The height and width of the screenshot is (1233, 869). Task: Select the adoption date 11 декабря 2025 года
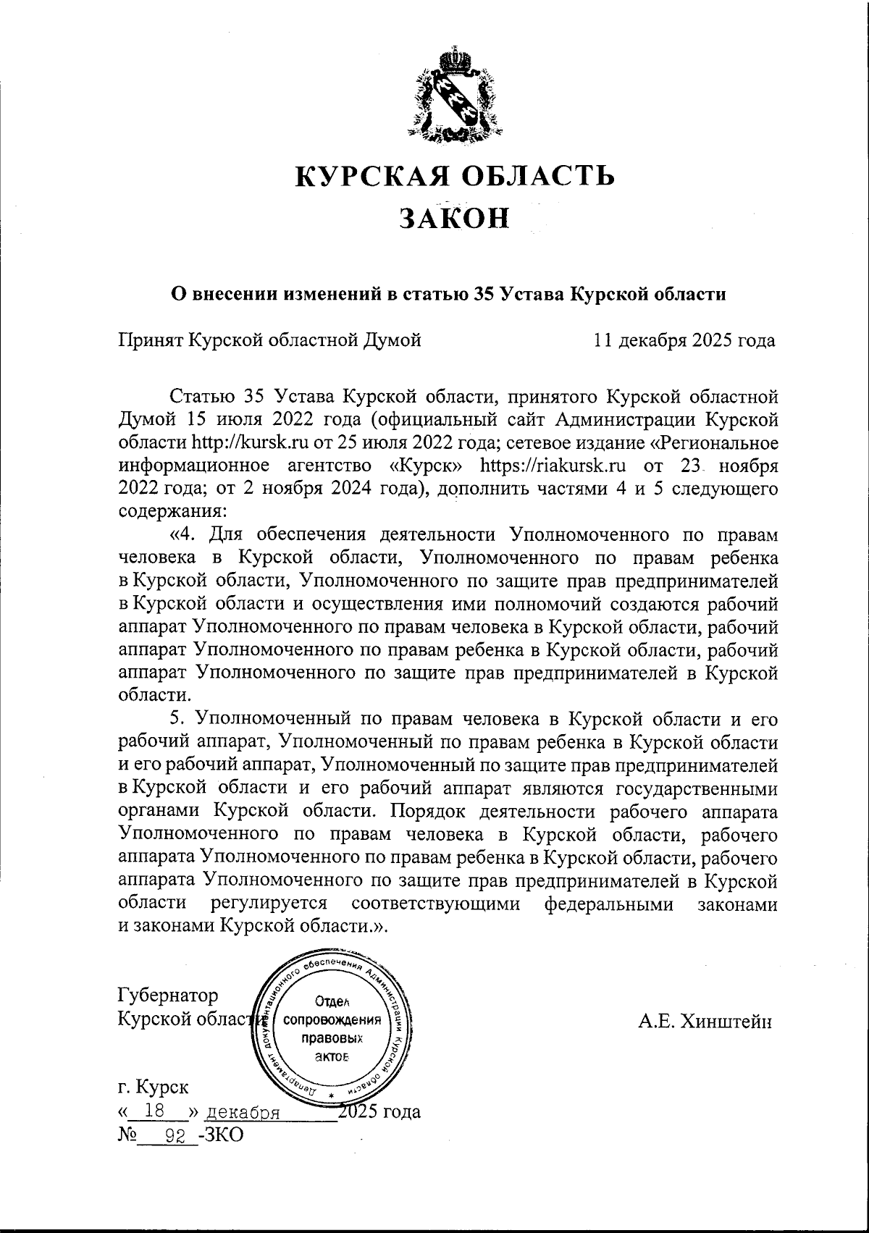(684, 340)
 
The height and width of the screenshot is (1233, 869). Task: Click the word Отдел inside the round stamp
(333, 1001)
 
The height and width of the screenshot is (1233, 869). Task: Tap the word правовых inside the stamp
(332, 1038)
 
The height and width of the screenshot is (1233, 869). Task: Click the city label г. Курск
(153, 1087)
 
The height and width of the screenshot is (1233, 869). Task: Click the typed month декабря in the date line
(243, 1113)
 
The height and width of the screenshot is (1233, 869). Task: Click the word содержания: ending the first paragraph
(172, 511)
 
